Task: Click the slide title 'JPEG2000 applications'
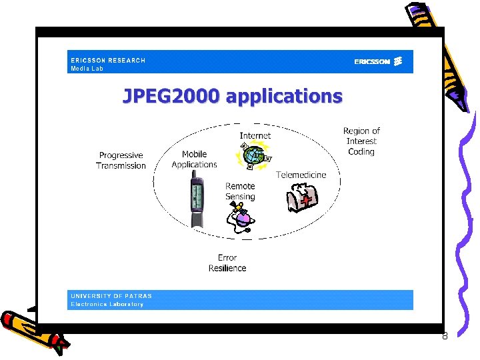point(232,97)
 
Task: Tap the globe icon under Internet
point(254,156)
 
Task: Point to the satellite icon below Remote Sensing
point(239,217)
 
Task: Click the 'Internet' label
point(255,136)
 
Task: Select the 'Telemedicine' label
point(301,175)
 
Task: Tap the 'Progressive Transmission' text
point(121,161)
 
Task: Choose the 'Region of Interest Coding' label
point(361,141)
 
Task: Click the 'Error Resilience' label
point(227,263)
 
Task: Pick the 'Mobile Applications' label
point(194,159)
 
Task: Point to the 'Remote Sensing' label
point(240,191)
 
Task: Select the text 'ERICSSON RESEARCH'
point(108,60)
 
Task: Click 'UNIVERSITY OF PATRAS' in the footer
point(111,296)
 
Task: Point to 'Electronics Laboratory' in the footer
point(107,304)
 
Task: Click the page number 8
point(445,336)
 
